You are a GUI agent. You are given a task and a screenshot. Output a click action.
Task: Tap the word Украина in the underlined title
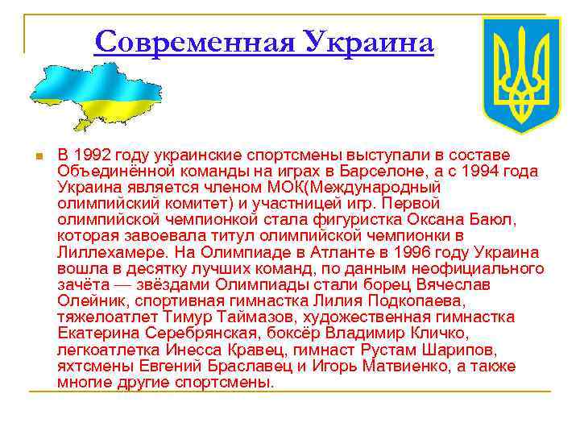click(x=367, y=41)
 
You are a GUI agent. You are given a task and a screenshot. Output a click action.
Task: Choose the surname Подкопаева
click(x=408, y=300)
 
